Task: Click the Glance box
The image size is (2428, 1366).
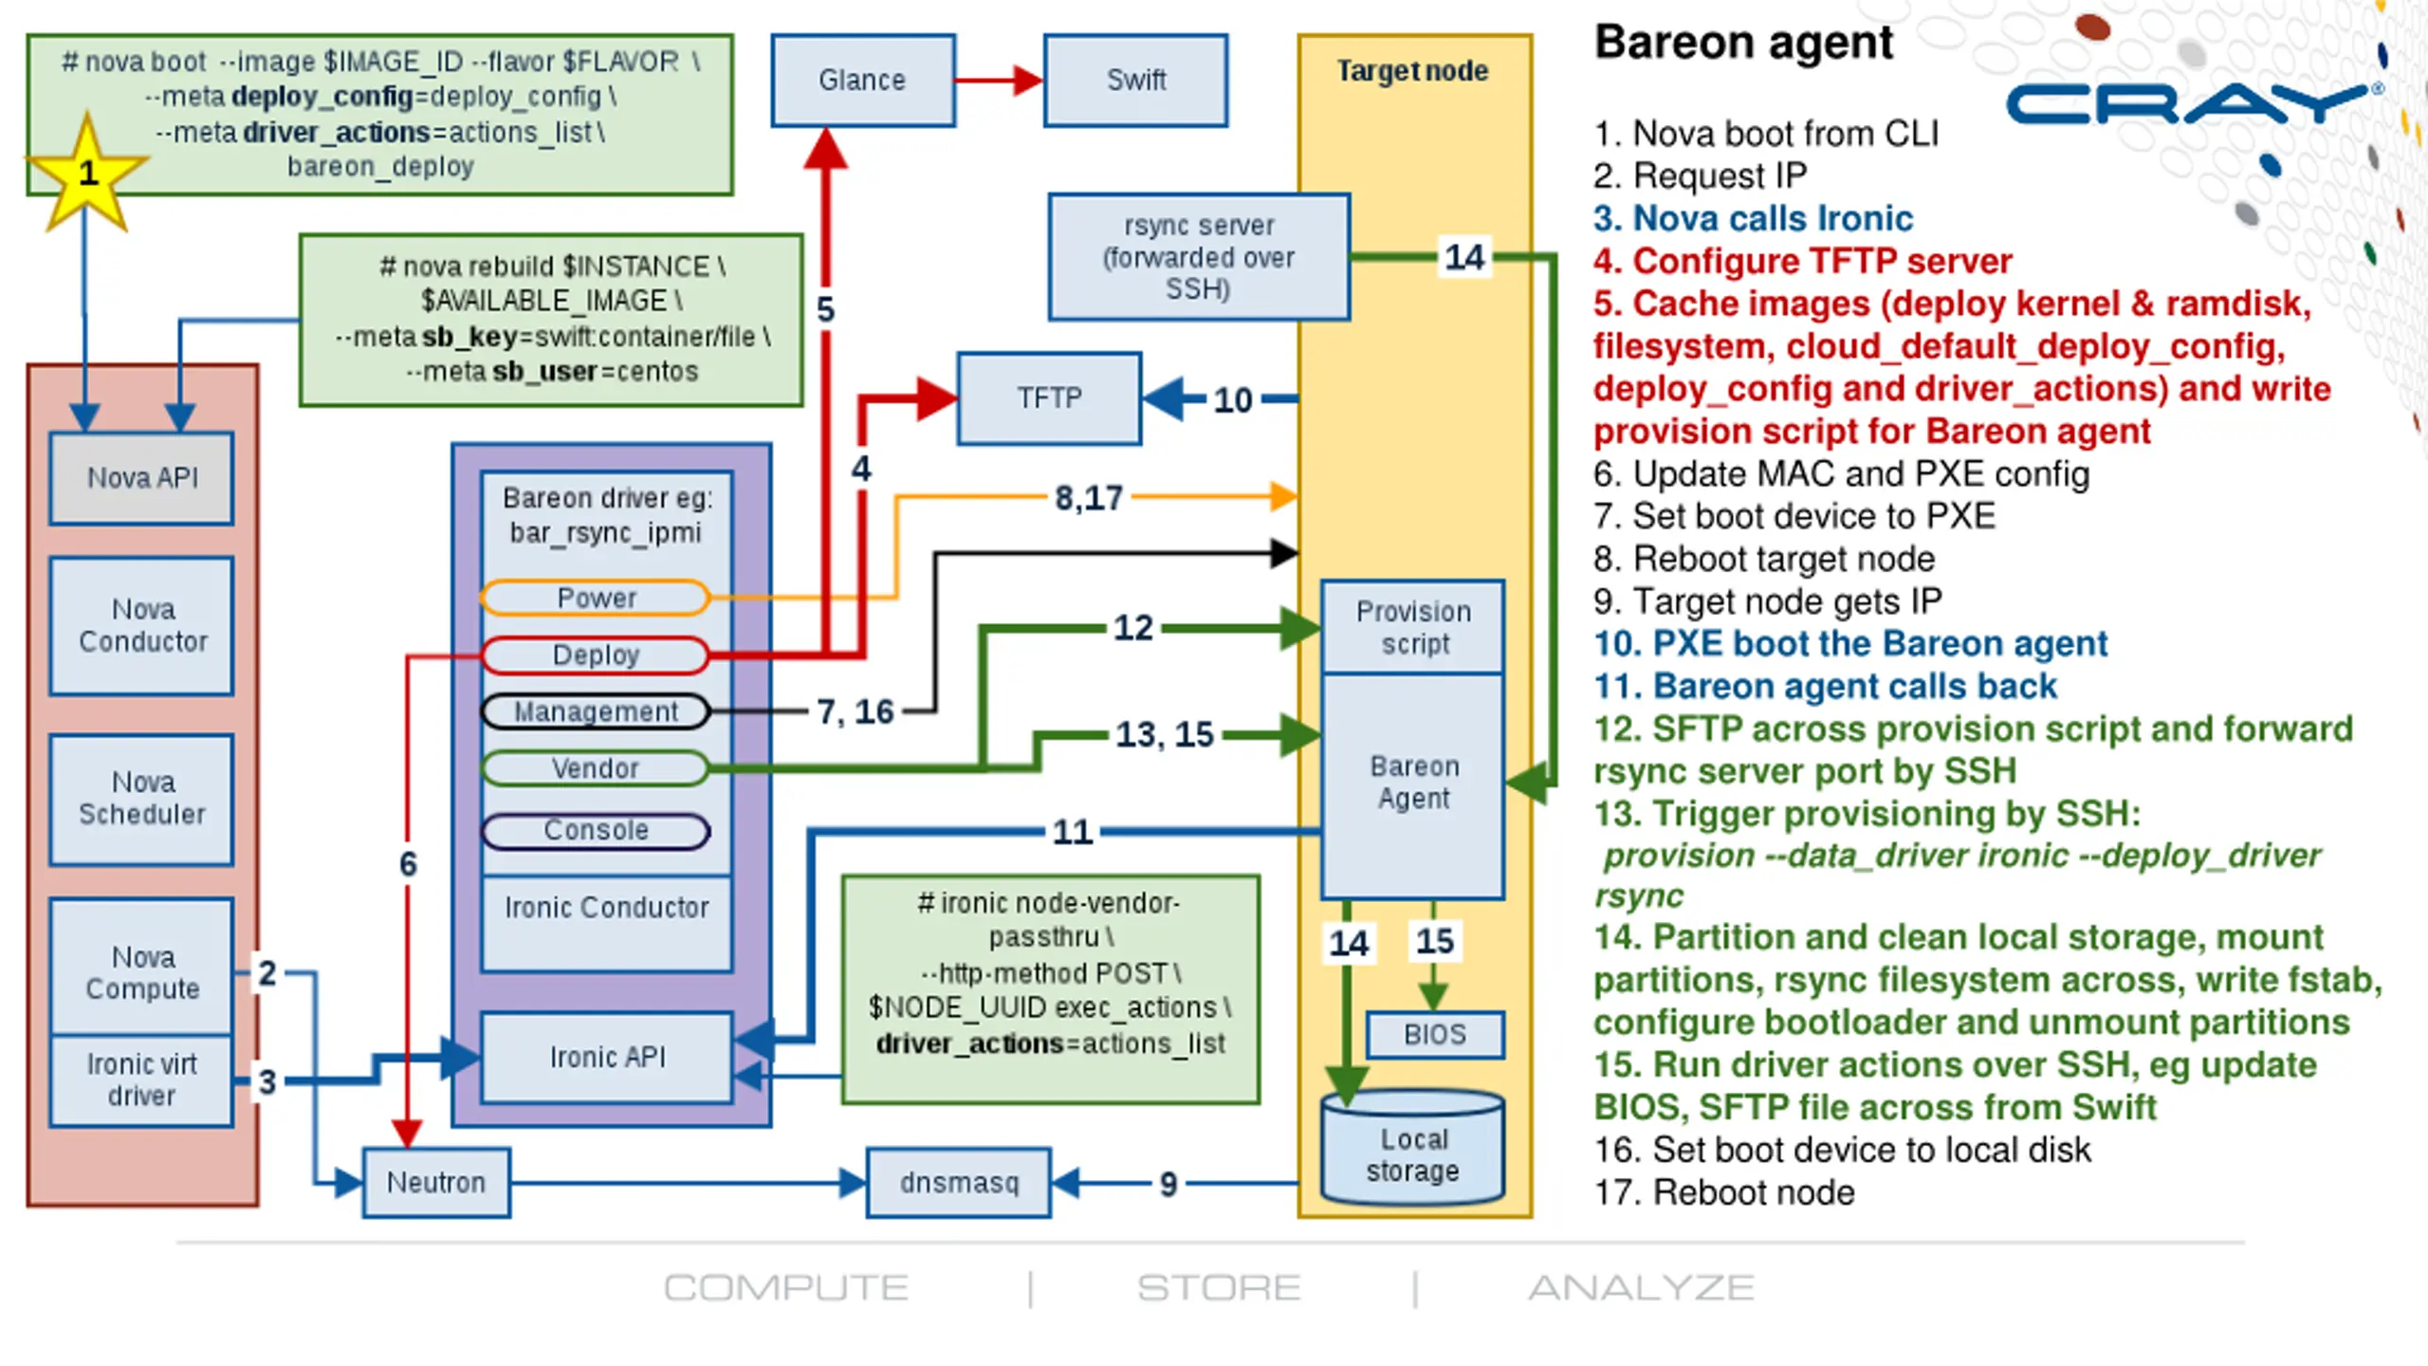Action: coord(863,81)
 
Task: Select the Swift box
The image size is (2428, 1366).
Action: coord(1136,81)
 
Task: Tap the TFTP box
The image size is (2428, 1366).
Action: coord(1049,398)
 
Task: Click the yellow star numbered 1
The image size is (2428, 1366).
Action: coord(86,174)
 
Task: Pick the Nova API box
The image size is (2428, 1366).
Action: coord(141,478)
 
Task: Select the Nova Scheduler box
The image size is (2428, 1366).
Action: coord(141,799)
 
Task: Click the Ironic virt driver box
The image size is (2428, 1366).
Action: coord(141,1080)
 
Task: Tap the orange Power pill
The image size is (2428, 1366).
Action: coord(595,598)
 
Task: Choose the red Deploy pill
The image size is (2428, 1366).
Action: coord(595,655)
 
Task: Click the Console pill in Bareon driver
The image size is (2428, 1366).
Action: coord(595,831)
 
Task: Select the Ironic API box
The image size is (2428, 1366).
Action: coord(607,1058)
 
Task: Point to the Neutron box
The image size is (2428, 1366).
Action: coord(436,1183)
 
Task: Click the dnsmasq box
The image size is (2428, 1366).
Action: coord(959,1183)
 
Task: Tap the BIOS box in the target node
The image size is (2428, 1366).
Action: coord(1435,1034)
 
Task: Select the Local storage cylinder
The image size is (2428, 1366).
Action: coord(1413,1148)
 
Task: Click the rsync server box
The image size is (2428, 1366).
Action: coord(1199,257)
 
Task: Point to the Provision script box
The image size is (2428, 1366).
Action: coord(1413,627)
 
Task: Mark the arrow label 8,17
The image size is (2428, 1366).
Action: coord(1089,498)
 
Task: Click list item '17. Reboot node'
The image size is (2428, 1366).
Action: coord(1724,1192)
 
